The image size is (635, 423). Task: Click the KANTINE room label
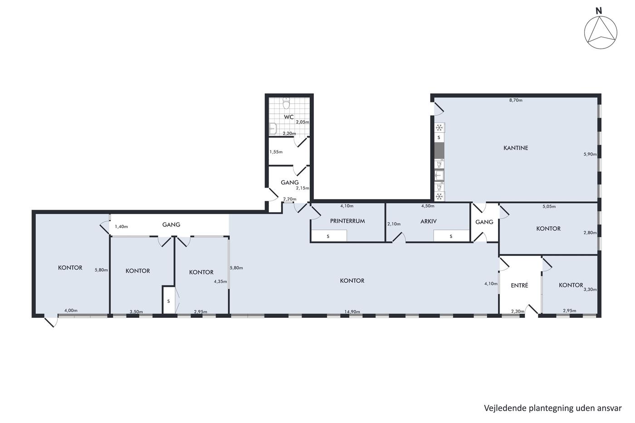point(516,148)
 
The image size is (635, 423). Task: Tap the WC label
point(289,117)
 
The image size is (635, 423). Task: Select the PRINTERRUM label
point(347,221)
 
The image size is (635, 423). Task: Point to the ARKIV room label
point(428,221)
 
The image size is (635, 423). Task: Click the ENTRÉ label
point(519,285)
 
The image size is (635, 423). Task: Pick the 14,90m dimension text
point(352,311)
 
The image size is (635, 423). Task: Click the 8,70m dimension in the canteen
point(516,100)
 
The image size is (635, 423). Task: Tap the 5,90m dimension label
point(590,154)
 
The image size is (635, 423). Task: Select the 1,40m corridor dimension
point(121,226)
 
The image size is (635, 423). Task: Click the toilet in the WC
point(286,103)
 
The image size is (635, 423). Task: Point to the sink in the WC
point(273,129)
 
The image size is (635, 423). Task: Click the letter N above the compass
point(599,11)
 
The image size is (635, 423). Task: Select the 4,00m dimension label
point(71,310)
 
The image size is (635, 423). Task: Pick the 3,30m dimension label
point(590,289)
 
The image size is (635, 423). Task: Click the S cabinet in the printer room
point(328,236)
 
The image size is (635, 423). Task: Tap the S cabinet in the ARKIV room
point(451,236)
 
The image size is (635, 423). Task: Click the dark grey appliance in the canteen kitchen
point(439,151)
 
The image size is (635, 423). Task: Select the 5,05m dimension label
point(549,206)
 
